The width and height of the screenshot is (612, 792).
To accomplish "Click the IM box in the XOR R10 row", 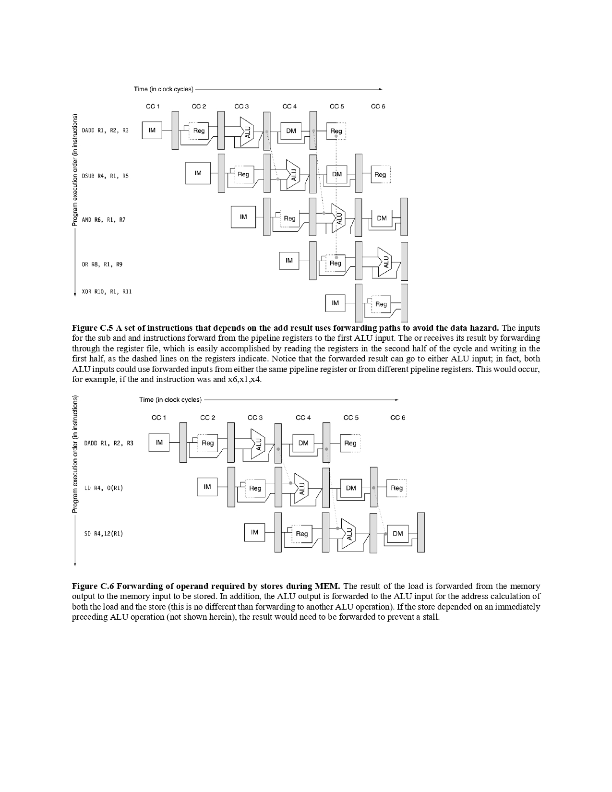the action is click(x=335, y=303).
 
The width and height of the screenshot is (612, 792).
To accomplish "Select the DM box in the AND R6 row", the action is click(x=382, y=218).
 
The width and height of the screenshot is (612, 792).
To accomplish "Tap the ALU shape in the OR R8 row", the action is click(x=384, y=262).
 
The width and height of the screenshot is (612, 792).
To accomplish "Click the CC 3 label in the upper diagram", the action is click(x=241, y=106).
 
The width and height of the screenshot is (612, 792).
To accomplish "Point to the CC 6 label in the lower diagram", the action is click(x=397, y=418).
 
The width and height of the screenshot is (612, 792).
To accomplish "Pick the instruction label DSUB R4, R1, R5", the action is click(x=105, y=176).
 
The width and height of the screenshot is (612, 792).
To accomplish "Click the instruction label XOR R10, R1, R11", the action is click(x=107, y=291).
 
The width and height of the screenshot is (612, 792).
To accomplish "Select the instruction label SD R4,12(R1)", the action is click(x=103, y=533).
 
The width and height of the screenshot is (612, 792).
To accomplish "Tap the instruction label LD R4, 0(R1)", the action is click(x=103, y=488).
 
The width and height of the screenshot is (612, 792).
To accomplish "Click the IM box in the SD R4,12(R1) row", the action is click(x=254, y=532).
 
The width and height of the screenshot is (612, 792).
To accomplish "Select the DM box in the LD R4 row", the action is click(x=351, y=488).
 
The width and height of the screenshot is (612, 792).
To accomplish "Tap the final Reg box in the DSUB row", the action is click(x=380, y=175).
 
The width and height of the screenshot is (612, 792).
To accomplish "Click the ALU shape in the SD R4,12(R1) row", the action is click(x=349, y=533).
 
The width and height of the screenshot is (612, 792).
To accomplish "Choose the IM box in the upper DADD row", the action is click(x=152, y=130).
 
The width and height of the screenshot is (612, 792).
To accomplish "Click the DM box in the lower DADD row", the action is click(x=303, y=443).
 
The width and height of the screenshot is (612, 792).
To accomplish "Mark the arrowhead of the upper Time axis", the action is click(x=380, y=89).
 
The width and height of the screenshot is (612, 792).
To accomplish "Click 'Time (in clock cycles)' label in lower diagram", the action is click(x=170, y=399).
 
